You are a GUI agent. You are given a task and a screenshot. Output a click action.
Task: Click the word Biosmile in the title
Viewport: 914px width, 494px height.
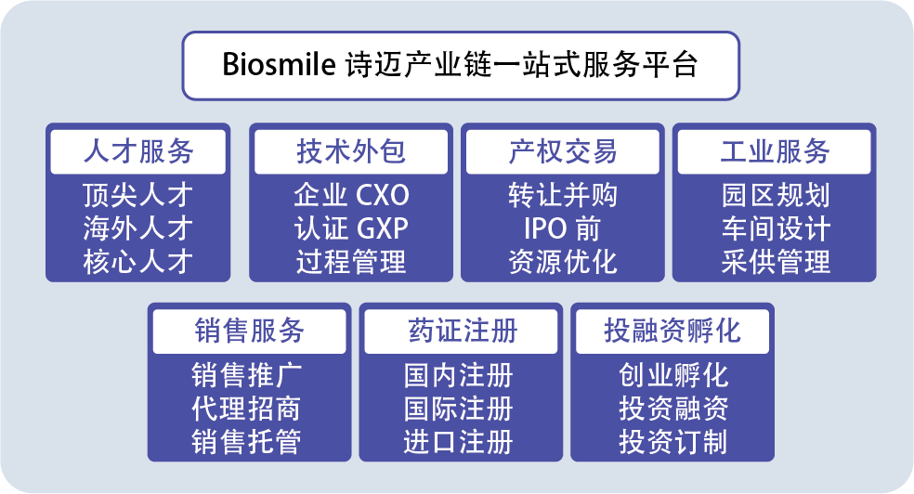point(279,64)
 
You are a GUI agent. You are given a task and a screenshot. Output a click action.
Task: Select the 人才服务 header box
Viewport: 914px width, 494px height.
point(138,151)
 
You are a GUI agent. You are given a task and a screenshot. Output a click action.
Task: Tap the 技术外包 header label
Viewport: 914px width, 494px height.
point(351,151)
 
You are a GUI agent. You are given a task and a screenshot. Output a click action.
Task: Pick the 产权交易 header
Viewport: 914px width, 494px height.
point(563,151)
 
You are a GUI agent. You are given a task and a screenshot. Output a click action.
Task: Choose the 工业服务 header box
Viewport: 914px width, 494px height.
point(774,151)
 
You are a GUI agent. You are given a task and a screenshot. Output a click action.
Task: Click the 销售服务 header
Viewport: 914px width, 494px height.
point(250,331)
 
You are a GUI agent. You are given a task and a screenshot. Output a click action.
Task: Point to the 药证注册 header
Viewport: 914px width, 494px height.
point(461,331)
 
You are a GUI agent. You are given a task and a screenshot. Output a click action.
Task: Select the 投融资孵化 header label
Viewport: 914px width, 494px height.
point(672,331)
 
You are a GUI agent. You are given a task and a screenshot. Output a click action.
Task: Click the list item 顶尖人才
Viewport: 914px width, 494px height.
point(137,195)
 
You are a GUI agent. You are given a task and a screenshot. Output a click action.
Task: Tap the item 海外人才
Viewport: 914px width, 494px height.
point(137,228)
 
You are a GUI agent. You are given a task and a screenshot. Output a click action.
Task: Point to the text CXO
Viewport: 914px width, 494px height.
point(382,196)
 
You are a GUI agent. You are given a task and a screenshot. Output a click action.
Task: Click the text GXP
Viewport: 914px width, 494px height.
point(382,229)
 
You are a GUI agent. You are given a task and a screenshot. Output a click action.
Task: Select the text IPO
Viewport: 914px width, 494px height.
point(544,229)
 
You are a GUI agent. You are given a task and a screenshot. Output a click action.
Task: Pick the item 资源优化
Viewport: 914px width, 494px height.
point(563,262)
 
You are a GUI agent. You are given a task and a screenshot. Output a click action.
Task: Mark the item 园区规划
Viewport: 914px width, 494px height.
point(776,195)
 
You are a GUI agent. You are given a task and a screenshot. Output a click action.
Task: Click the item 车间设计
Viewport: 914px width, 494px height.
point(776,228)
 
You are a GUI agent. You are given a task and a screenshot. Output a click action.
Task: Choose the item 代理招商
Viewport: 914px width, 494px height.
point(246,409)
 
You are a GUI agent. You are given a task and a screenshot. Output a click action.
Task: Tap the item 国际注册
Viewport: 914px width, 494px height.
point(458,409)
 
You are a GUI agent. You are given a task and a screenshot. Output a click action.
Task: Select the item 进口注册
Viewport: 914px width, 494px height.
point(458,442)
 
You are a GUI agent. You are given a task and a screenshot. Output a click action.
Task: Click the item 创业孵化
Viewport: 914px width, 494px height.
point(673,375)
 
